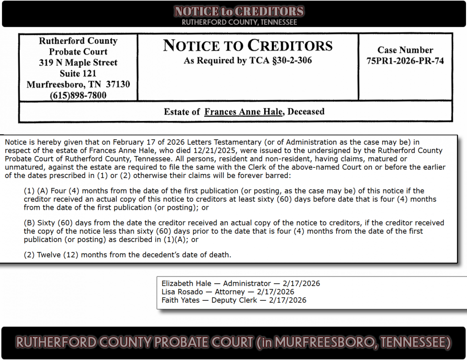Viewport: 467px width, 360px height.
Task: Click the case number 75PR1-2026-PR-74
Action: [x=405, y=60]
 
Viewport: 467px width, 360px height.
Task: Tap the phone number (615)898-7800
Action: [x=78, y=96]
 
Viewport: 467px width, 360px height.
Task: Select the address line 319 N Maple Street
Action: [x=78, y=62]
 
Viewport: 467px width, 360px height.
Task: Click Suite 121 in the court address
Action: [x=78, y=73]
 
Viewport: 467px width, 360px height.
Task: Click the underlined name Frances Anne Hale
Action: [x=243, y=112]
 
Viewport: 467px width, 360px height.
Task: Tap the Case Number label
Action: [x=405, y=50]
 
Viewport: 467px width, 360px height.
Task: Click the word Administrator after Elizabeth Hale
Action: [x=247, y=284]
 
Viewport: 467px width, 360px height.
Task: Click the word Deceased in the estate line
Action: [x=307, y=112]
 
